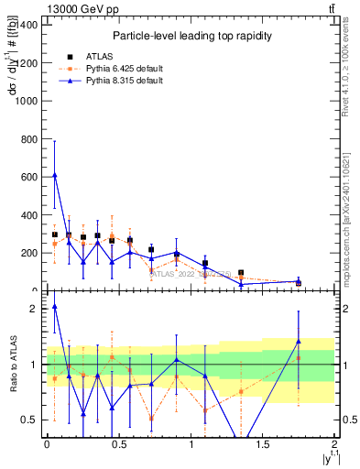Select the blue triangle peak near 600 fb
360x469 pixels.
(x=55, y=175)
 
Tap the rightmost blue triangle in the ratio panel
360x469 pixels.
(x=299, y=341)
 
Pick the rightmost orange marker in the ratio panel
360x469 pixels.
(x=299, y=358)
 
